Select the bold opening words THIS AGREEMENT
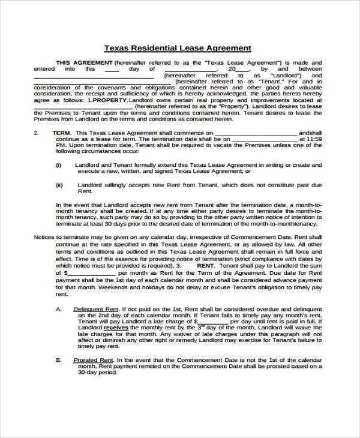(83, 62)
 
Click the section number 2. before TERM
(36, 133)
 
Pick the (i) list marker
(58, 164)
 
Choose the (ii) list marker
(59, 185)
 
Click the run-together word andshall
(310, 133)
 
